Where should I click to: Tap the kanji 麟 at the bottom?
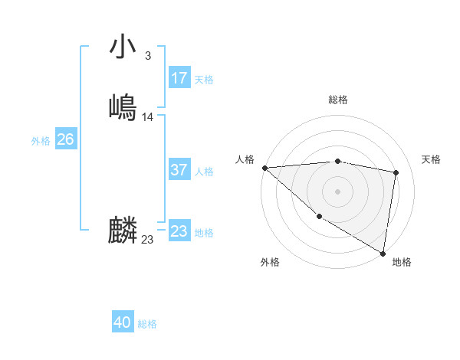point(123,231)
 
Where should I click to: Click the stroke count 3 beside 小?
point(147,56)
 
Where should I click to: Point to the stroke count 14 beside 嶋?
point(148,117)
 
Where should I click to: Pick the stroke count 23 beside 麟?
point(147,240)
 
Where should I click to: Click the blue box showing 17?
point(179,78)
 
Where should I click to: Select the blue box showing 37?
point(179,170)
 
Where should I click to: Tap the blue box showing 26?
point(66,139)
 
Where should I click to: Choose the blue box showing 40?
point(123,322)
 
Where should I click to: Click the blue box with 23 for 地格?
point(179,231)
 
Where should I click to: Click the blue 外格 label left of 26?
point(41,141)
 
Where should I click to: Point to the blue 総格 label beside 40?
point(147,324)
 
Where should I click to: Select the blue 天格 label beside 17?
point(204,80)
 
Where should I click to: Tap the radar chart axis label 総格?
point(338,100)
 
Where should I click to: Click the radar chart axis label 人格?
point(245,159)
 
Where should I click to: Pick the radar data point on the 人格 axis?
point(264,168)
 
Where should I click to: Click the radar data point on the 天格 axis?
point(396,172)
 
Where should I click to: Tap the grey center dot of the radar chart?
point(338,191)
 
